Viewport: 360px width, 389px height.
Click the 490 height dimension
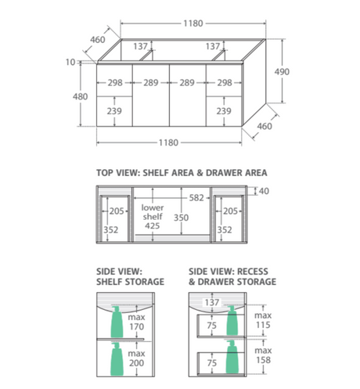click(x=282, y=72)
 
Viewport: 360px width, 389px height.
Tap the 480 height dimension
click(x=80, y=96)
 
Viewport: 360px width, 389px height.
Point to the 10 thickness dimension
click(x=70, y=62)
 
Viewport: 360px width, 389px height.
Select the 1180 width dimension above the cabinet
click(x=193, y=23)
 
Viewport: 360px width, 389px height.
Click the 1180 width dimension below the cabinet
click(x=168, y=142)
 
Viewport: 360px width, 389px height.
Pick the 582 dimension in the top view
click(x=196, y=198)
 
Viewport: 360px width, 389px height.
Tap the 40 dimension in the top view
click(x=264, y=191)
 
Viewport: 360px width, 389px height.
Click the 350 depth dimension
click(x=181, y=218)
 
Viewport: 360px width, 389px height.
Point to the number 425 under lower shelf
click(x=153, y=225)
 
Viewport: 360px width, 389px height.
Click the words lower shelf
click(x=153, y=212)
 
